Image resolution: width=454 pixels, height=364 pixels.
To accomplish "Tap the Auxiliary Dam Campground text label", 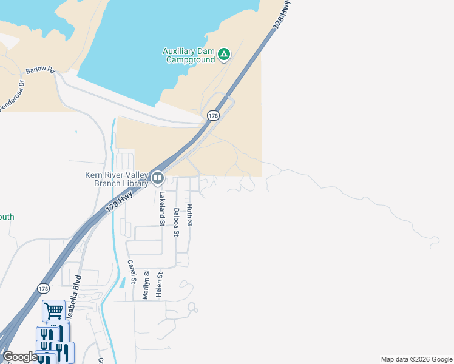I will tap(189, 55).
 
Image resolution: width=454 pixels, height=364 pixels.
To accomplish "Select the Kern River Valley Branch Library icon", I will tap(158, 178).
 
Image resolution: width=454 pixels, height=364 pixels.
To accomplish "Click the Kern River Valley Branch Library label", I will tap(117, 180).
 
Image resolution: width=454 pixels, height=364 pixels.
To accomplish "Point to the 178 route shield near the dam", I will tap(213, 115).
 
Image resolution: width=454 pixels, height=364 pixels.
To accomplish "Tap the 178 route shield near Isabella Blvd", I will tap(42, 288).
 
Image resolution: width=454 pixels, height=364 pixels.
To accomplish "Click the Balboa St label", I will tap(176, 221).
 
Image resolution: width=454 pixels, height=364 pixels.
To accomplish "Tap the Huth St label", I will tap(189, 215).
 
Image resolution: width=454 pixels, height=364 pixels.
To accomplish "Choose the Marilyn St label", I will tap(146, 285).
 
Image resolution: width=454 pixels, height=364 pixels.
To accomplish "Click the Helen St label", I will tap(160, 283).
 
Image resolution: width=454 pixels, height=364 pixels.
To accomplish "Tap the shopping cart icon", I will tap(53, 311).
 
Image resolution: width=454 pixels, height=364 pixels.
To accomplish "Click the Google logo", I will tap(19, 357).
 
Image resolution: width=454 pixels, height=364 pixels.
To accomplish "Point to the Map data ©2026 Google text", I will tap(416, 359).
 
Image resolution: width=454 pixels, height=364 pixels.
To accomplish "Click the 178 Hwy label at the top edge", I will tap(280, 15).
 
